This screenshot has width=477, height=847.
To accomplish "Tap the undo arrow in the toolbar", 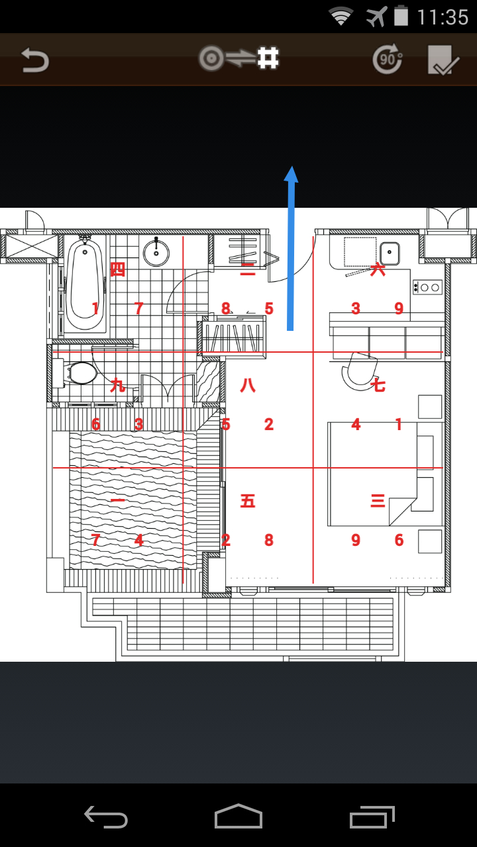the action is click(35, 60).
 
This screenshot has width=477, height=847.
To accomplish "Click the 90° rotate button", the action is click(388, 59).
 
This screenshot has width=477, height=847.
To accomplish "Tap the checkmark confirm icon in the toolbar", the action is click(443, 60).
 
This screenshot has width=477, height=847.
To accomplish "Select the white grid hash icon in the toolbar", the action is click(268, 58).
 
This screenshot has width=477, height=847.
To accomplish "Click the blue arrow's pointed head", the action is click(291, 174).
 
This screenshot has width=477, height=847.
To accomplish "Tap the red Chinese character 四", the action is click(117, 269).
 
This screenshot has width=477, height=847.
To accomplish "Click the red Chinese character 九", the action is click(117, 385).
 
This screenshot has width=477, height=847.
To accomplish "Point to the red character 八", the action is click(248, 385).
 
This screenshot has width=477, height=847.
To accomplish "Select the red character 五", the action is click(248, 501).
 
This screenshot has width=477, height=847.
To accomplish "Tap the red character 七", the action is click(378, 385).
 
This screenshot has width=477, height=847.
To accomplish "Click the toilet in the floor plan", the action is click(75, 373).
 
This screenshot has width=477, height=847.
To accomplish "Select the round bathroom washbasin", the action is click(156, 253).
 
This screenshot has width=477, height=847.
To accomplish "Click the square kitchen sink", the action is click(390, 253).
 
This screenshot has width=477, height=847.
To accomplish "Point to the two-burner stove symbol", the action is click(427, 287).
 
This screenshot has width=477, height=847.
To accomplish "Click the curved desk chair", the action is click(359, 371).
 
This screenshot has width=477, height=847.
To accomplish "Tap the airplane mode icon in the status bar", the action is click(376, 17).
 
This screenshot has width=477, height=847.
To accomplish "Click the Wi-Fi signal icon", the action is click(341, 17).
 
